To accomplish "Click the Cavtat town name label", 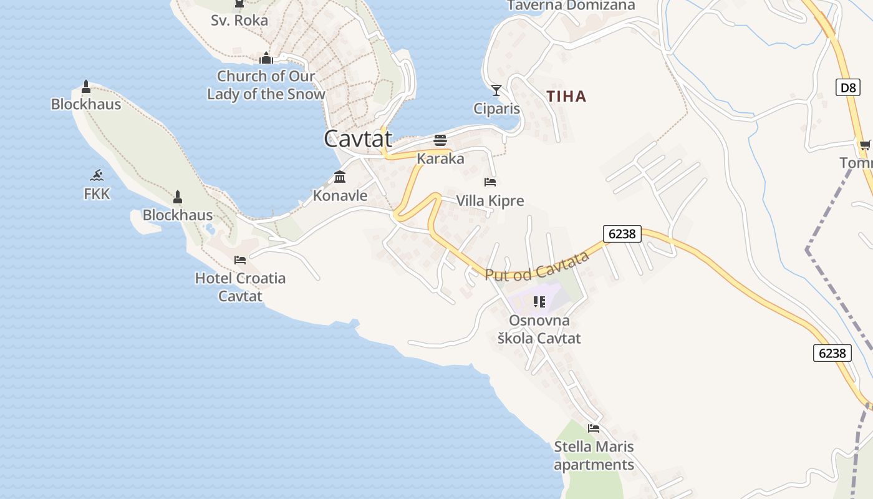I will [358, 139].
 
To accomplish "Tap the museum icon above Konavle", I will [340, 177].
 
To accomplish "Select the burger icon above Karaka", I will [440, 140].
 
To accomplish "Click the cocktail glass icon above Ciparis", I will [496, 90].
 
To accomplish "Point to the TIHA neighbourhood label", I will [566, 97].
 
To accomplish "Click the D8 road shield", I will [848, 87].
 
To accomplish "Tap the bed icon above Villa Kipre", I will [490, 182].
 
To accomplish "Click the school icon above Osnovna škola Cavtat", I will [539, 303].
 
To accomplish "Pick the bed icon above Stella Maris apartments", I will [594, 429].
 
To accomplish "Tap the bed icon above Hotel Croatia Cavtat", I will [240, 260].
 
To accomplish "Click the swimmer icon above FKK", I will [97, 175].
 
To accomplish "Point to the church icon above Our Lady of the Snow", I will [266, 58].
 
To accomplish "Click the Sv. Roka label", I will [239, 21].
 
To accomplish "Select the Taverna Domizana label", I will [571, 6].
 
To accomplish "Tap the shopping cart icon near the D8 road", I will [864, 145].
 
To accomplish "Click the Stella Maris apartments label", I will [594, 456].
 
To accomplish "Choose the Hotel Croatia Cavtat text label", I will [240, 287].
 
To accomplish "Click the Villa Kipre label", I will [490, 201].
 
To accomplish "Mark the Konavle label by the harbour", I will [340, 196].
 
